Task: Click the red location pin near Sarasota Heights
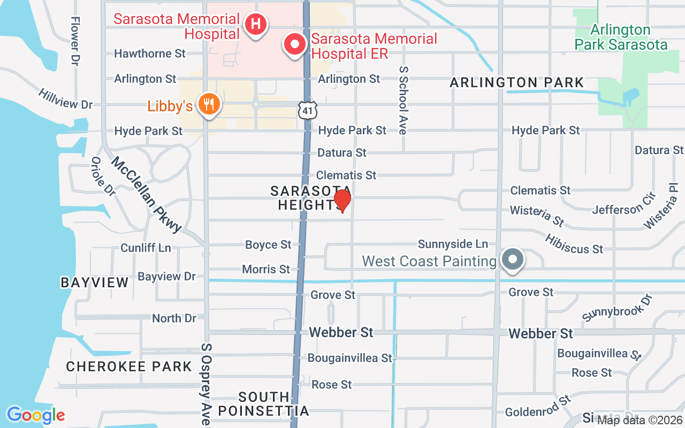[x=342, y=201]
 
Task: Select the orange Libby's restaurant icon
[x=207, y=104]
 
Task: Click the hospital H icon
[x=256, y=24]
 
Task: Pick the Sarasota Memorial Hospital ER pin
[x=294, y=45]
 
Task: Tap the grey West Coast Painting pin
[x=513, y=260]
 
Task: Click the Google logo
[x=36, y=415]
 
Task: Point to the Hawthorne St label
[x=150, y=53]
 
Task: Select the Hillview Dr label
[x=65, y=99]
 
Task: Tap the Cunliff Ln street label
[x=146, y=248]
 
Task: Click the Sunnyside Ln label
[x=453, y=244]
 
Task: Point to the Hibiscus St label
[x=574, y=243]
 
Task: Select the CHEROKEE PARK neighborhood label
[x=128, y=366]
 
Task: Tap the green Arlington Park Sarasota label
[x=621, y=37]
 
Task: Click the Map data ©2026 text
[x=640, y=421]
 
